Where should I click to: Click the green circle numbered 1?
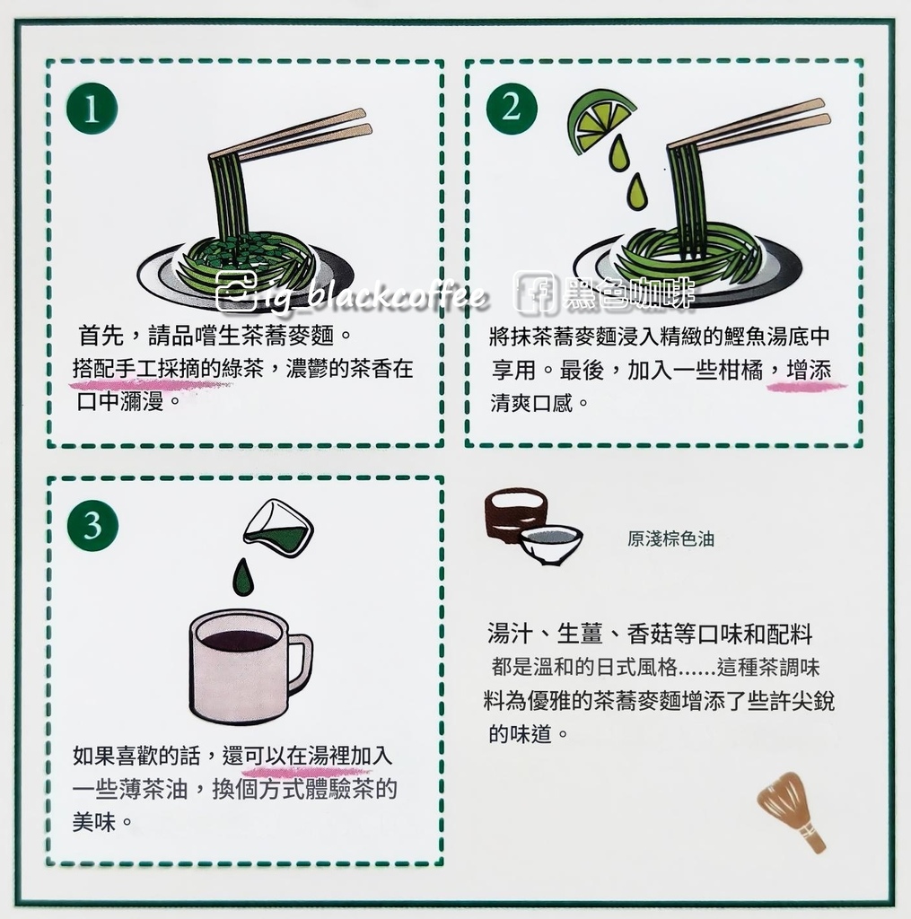pos(92,109)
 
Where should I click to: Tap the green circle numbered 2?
pos(512,109)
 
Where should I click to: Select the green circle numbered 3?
pos(92,525)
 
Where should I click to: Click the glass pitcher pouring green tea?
pos(279,528)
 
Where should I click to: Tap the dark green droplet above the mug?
pos(242,577)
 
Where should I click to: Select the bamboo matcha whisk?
pos(792,810)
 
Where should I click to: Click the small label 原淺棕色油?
pos(670,538)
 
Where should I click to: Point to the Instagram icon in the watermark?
pos(236,292)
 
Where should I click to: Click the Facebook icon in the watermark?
pos(534,292)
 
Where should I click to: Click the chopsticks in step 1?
pos(290,136)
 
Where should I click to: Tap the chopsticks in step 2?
pos(749,126)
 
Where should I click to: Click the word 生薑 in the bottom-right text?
pos(580,634)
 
